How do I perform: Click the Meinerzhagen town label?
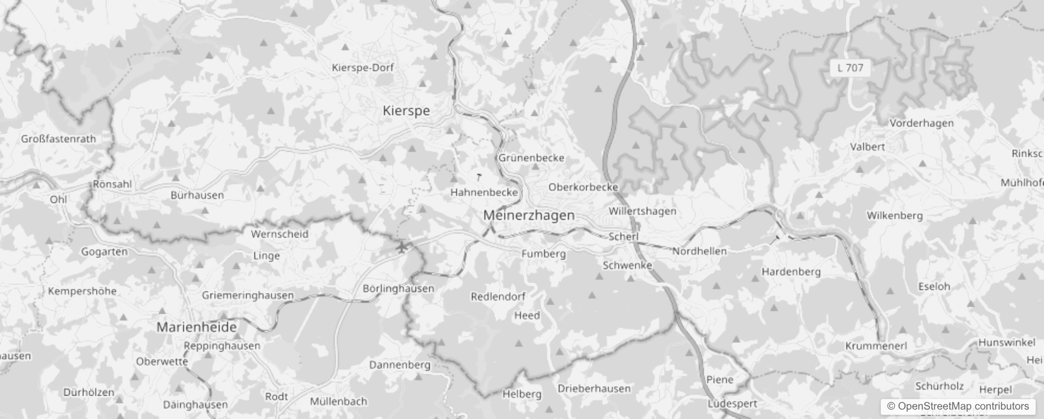(529, 215)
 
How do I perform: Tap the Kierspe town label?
(406, 111)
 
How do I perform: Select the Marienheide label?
(197, 327)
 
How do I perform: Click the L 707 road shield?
(850, 68)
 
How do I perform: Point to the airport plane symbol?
(402, 247)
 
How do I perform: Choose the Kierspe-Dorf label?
(363, 68)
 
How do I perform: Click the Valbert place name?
(867, 147)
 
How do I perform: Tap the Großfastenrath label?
(59, 139)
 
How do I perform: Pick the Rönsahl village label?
(112, 184)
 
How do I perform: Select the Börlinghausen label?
(399, 289)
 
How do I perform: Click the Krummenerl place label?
(876, 346)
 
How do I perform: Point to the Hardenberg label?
(791, 272)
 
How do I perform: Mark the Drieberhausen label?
(594, 389)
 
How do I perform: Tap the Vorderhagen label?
(922, 123)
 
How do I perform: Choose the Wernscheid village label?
(279, 234)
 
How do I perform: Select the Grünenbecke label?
(531, 158)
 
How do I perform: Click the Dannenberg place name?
(400, 365)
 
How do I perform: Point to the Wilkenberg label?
(894, 215)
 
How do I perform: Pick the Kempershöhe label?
(82, 291)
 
